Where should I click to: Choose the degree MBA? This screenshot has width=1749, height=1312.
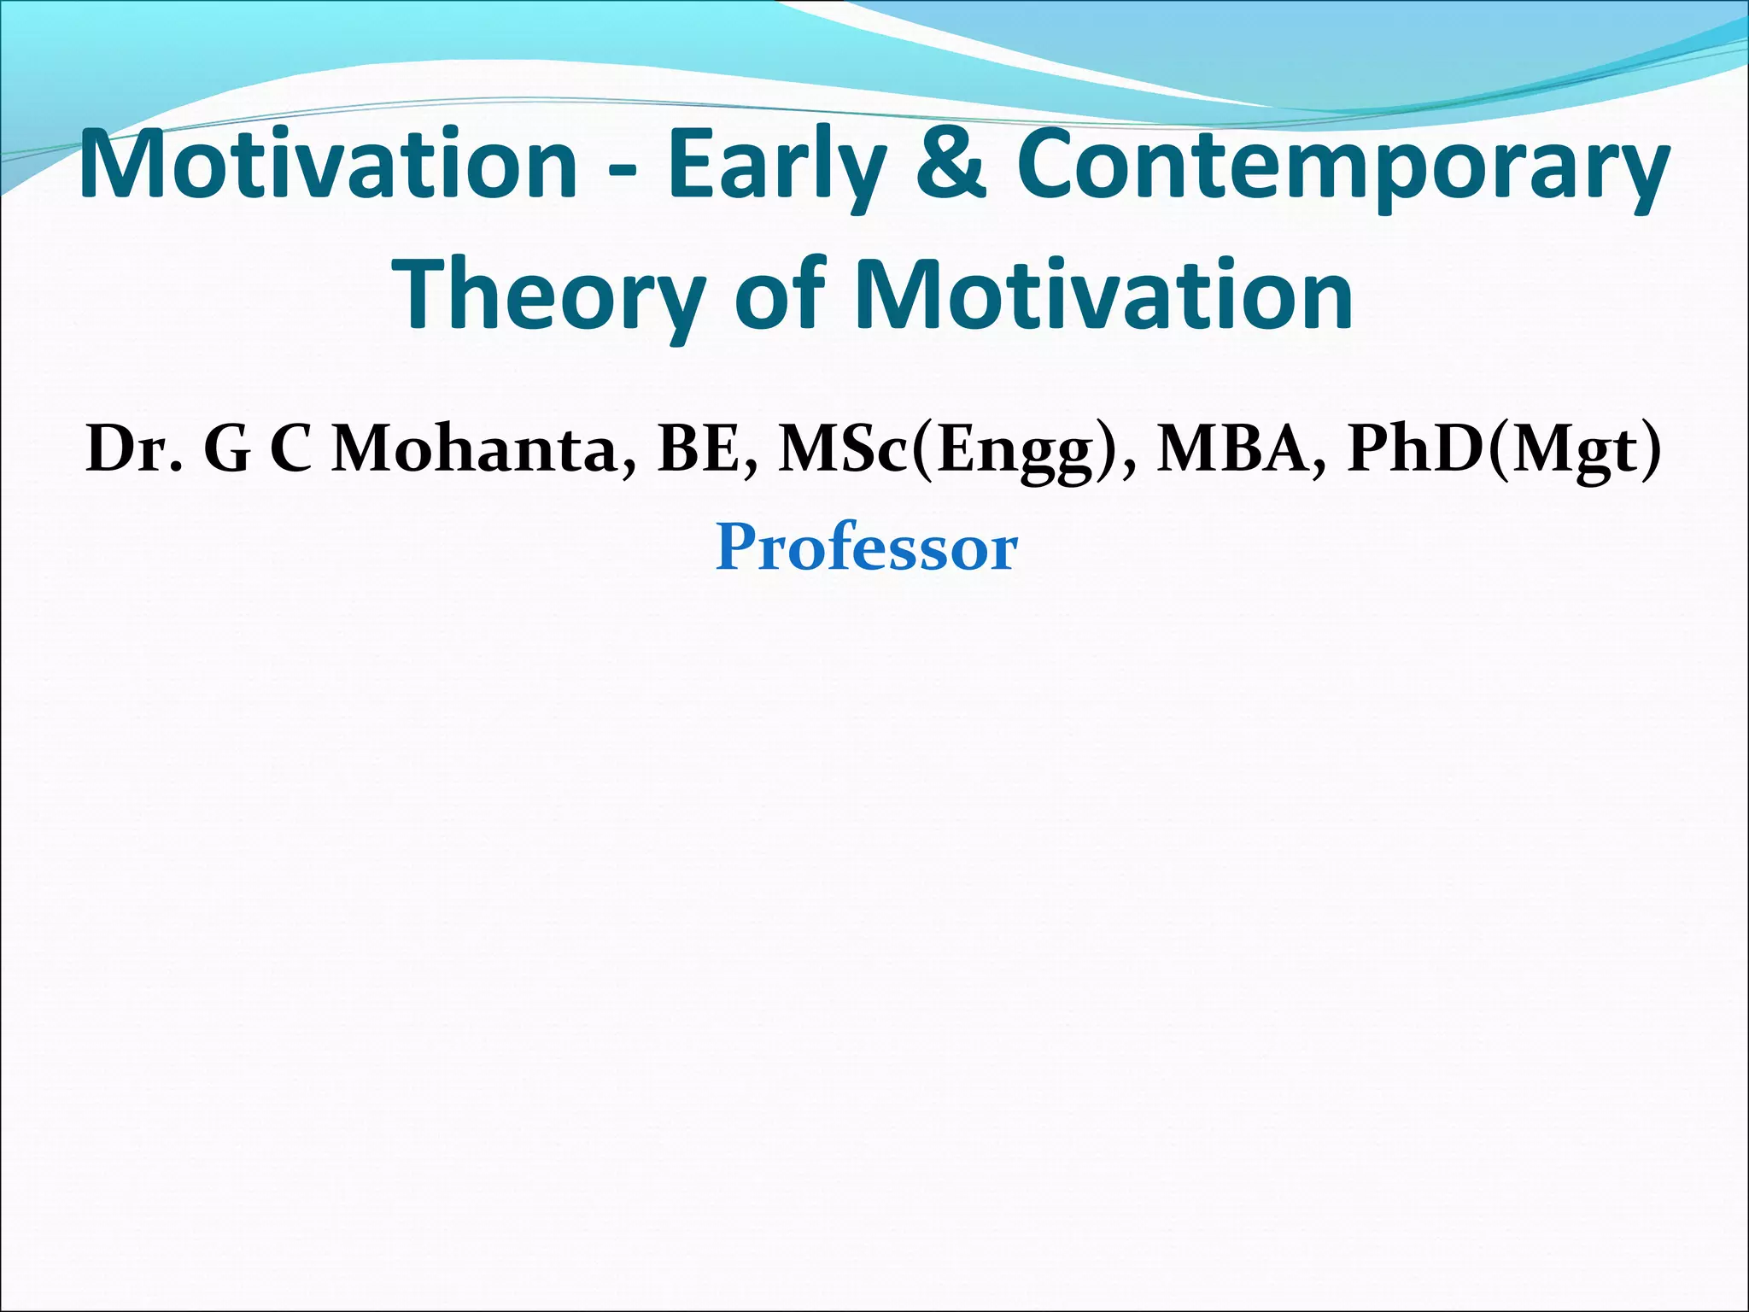point(1237,449)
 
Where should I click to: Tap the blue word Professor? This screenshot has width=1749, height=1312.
point(867,548)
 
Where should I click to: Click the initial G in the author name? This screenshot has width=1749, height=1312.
point(226,449)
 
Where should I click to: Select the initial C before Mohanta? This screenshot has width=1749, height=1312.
point(291,449)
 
